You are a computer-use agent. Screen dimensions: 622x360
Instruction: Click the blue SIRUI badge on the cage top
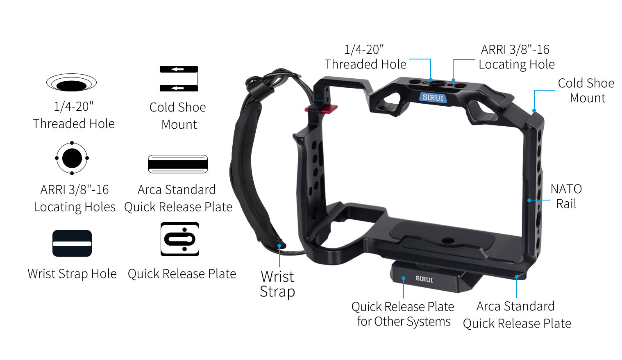(433, 98)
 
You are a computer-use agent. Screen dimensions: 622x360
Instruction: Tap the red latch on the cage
(321, 109)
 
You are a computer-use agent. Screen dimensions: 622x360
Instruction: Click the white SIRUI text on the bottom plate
(424, 279)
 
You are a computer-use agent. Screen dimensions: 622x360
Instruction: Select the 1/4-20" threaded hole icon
(71, 82)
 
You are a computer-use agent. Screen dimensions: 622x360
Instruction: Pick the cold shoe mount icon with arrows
(179, 79)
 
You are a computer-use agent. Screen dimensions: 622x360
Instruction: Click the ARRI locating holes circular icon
(72, 158)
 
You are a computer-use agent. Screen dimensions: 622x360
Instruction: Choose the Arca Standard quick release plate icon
(178, 164)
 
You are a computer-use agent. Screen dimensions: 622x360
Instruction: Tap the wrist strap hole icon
(72, 243)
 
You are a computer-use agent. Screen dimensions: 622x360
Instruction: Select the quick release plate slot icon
(180, 239)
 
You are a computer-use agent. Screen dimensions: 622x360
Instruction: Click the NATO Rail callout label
(566, 196)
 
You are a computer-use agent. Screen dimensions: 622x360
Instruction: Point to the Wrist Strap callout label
(277, 284)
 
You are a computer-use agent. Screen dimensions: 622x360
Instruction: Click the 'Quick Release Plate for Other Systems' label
(403, 314)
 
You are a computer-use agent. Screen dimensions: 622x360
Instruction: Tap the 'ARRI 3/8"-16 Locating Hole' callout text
(516, 57)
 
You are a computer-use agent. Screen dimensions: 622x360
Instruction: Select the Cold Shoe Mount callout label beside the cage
(586, 90)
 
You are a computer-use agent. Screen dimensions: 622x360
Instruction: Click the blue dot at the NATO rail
(529, 200)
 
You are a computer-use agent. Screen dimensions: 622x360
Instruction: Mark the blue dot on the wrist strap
(279, 246)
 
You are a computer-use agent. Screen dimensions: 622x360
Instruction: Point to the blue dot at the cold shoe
(534, 111)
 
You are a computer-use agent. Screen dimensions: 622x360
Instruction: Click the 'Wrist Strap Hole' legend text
(72, 273)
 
